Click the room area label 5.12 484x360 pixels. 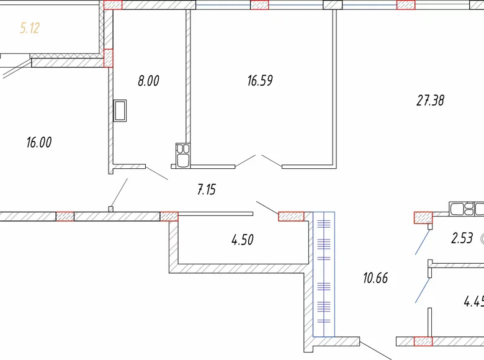pos(30,28)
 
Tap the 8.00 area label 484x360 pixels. pos(148,81)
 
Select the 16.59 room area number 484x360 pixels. pos(260,81)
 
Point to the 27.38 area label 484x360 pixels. pos(430,101)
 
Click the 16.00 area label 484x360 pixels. pos(38,142)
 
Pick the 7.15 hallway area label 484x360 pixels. pos(207,190)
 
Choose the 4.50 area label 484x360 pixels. pos(242,240)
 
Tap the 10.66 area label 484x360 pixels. pos(375,278)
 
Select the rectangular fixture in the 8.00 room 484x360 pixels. pos(121,111)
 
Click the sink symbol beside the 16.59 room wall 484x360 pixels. pos(182,155)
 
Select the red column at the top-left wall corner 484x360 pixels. pos(113,5)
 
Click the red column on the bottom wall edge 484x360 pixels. pos(423,341)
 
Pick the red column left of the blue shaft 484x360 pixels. pos(291,217)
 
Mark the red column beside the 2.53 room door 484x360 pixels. pos(423,217)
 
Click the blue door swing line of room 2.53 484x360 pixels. pos(423,242)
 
